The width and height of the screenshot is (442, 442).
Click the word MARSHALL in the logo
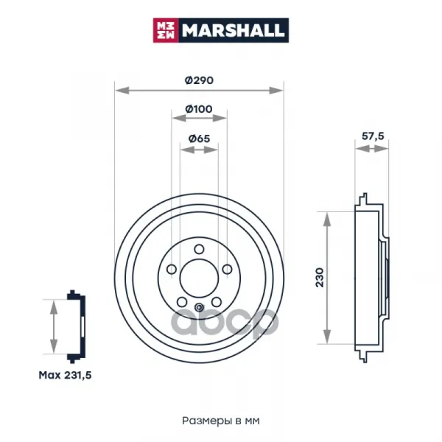233,30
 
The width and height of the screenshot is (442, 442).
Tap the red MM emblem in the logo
166,30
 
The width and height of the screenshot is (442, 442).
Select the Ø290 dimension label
199,80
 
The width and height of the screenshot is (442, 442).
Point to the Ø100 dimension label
199,109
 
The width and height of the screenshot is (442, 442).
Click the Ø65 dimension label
199,138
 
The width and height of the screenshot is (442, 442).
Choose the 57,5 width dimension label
373,136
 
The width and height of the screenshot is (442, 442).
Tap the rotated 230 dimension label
320,278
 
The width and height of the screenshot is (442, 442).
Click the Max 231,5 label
65,375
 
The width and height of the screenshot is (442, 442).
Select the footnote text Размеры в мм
221,421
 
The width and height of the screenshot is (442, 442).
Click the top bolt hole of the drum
199,249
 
